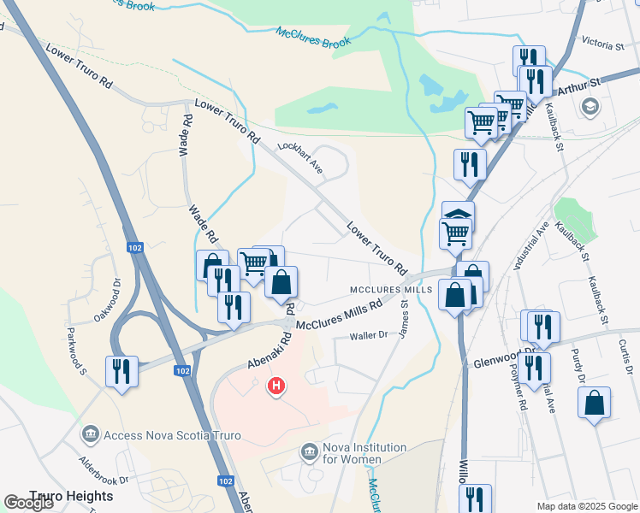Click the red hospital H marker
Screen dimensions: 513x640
point(276,386)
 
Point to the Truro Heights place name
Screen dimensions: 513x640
point(71,496)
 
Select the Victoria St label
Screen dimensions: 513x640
point(601,43)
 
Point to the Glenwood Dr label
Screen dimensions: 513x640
point(505,357)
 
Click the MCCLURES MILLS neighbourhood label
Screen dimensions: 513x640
point(390,290)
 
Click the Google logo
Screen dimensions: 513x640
point(30,503)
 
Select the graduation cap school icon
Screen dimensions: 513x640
point(589,106)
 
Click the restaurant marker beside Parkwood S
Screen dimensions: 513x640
point(121,371)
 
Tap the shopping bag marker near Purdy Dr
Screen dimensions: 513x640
point(594,403)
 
